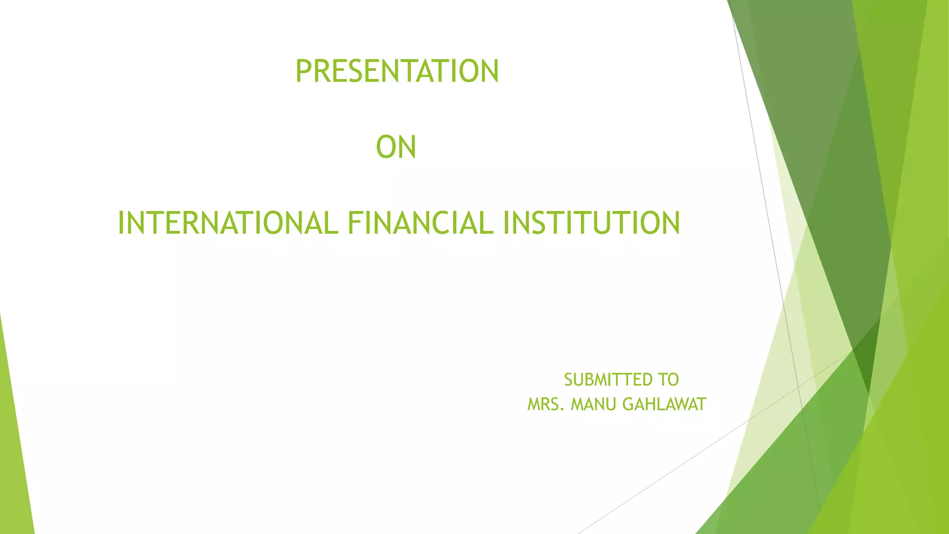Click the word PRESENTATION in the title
[397, 71]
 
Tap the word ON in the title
[396, 147]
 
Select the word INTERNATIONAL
[228, 223]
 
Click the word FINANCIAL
[421, 223]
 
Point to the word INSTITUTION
[591, 223]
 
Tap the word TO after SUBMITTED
[668, 380]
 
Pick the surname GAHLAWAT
[664, 405]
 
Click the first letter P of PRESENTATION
[304, 71]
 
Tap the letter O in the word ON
[386, 147]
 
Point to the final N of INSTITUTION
[669, 223]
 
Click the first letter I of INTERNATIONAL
[121, 223]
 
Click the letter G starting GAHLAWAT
[628, 405]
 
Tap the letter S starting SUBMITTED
[569, 380]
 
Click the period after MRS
[562, 410]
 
